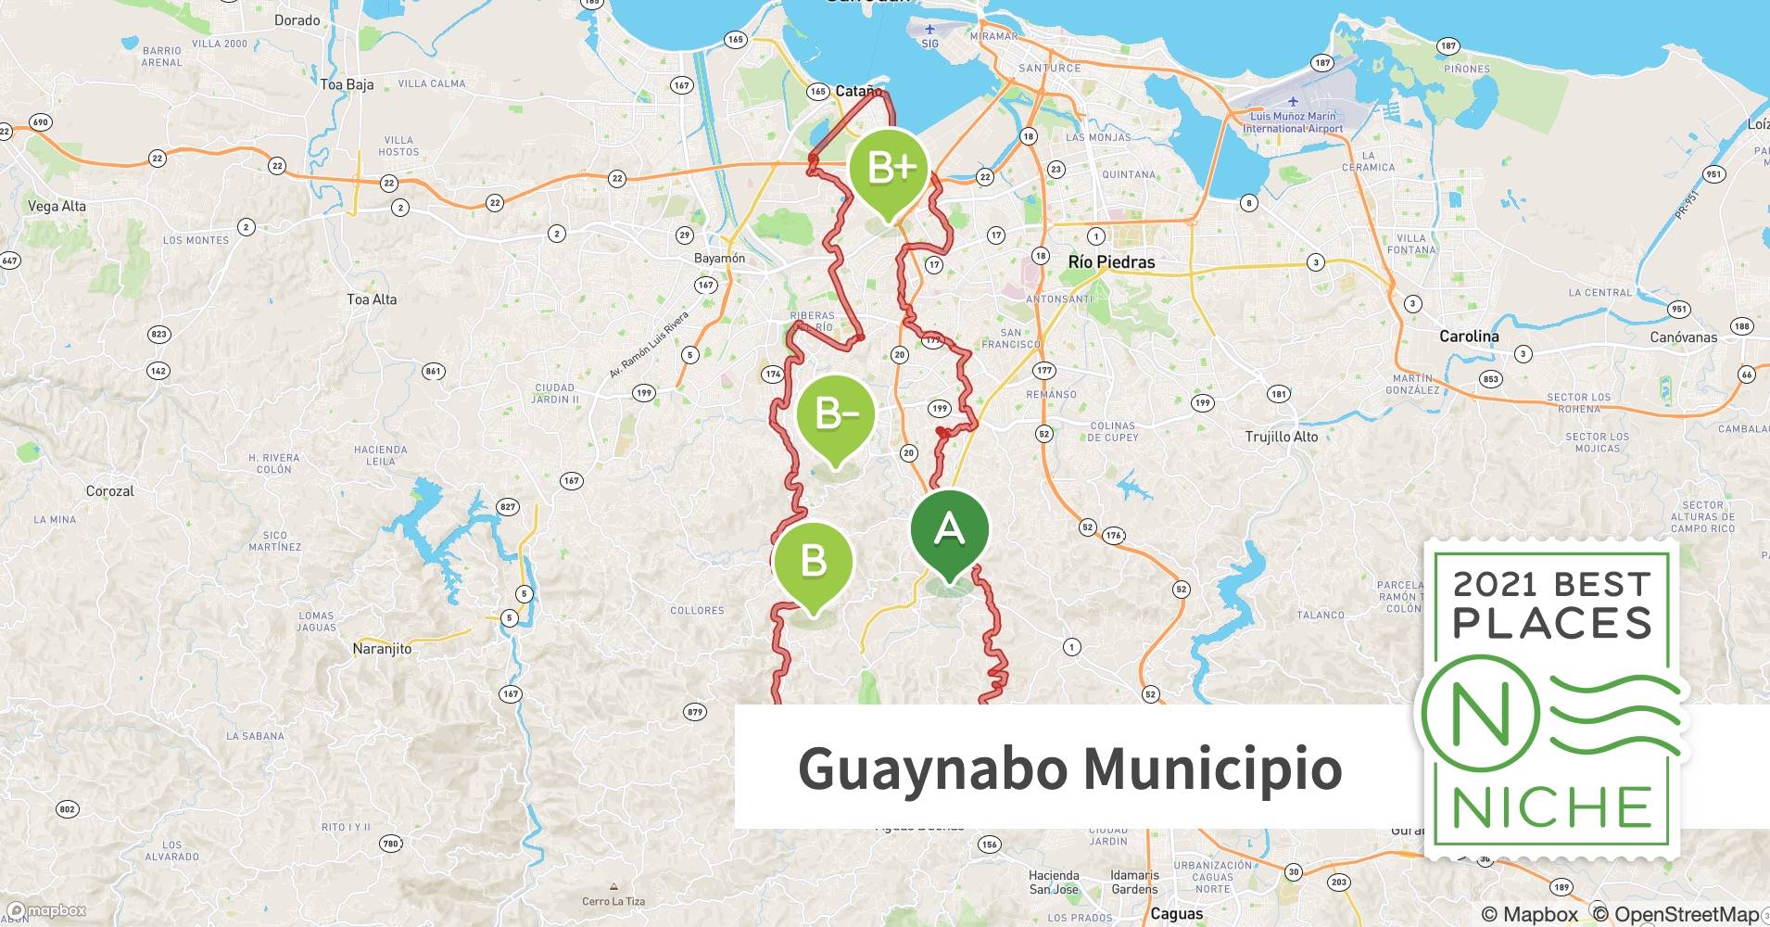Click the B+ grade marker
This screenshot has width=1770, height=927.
pos(889,170)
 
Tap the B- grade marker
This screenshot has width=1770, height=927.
pos(835,415)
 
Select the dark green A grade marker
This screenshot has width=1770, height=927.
pos(949,530)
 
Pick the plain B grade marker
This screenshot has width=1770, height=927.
pos(813,562)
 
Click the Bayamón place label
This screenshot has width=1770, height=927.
pos(719,259)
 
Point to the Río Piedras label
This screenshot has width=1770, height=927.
pos(1111,262)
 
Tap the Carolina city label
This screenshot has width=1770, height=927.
pos(1469,337)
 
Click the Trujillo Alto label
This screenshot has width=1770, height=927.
pos(1282,437)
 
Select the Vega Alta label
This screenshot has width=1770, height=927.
pos(57,206)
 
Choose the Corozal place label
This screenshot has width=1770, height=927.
pos(110,491)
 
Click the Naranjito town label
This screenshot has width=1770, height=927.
pos(382,649)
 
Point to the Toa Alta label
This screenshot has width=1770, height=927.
pos(372,299)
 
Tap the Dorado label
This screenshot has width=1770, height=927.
pos(297,20)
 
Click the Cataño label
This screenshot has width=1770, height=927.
pos(858,91)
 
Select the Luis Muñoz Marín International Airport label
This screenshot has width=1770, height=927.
pos(1293,122)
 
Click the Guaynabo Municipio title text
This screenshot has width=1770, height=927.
pos(1069,768)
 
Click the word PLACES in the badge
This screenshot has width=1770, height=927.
pos(1552,623)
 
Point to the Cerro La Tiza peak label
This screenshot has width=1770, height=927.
pos(613,901)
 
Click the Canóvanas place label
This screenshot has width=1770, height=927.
pos(1683,337)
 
